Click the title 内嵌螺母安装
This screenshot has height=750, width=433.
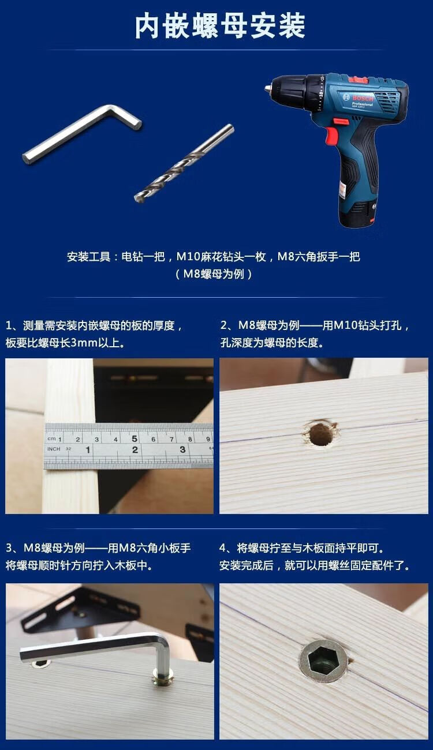click(x=220, y=26)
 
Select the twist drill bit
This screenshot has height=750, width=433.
click(x=184, y=163)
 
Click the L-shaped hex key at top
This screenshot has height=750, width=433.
click(x=82, y=134)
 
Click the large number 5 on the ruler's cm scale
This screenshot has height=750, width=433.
click(x=135, y=438)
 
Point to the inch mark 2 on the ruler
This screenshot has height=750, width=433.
click(x=135, y=449)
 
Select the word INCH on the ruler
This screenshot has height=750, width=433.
click(x=54, y=449)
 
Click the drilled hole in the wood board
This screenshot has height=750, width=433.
click(x=320, y=434)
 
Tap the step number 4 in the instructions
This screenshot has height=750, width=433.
click(x=223, y=548)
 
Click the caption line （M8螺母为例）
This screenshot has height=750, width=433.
click(x=214, y=274)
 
